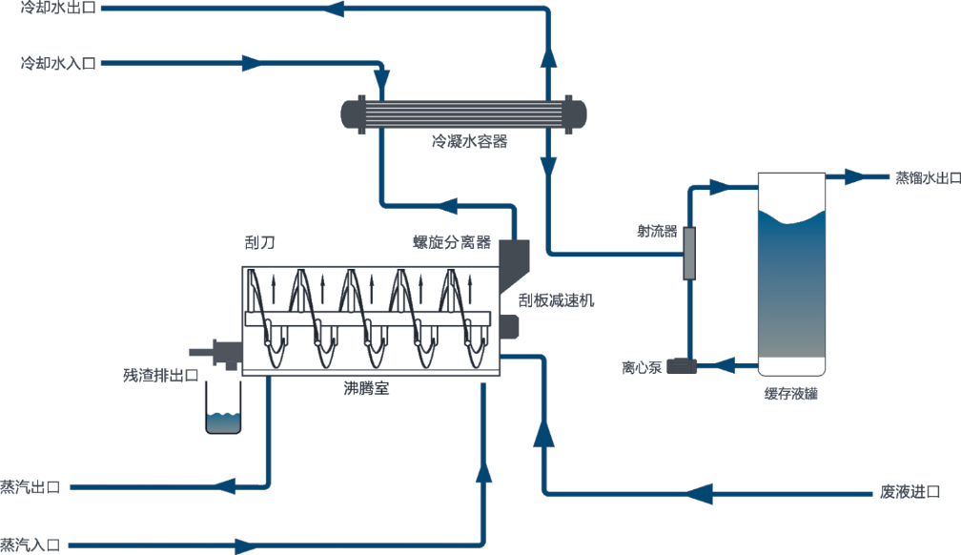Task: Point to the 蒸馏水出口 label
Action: tap(927, 177)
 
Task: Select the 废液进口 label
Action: tap(910, 492)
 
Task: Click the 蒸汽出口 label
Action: tap(31, 487)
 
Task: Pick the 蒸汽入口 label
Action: tap(31, 545)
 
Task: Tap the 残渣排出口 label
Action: tap(161, 374)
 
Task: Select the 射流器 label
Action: tap(657, 230)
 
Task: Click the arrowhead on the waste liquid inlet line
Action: tap(702, 493)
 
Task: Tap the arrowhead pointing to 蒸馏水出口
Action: tap(852, 177)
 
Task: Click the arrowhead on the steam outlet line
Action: tap(227, 486)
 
